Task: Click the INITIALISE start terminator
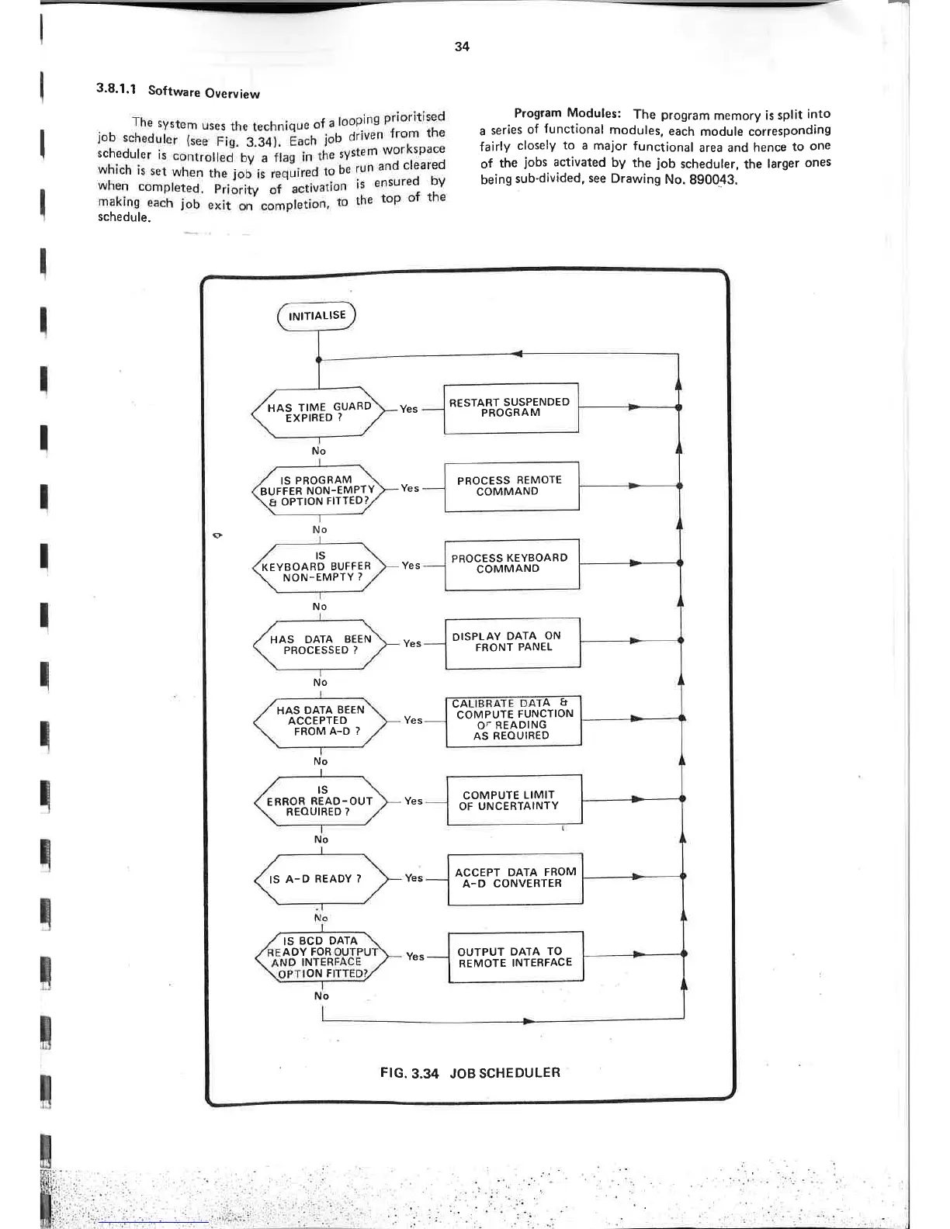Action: [316, 316]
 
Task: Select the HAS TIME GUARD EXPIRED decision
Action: [318, 412]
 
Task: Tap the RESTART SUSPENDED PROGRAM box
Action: [511, 407]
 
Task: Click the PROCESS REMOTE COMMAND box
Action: [511, 486]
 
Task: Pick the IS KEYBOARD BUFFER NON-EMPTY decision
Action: [319, 566]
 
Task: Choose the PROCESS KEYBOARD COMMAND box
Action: [511, 563]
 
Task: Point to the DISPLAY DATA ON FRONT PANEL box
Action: [512, 642]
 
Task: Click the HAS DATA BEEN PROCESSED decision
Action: [320, 645]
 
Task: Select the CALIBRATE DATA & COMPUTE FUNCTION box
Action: [513, 720]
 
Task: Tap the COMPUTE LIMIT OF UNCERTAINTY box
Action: [514, 800]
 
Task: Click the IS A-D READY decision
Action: [320, 879]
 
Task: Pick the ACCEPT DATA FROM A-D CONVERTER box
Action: [515, 878]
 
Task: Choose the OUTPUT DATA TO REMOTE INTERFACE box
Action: [515, 957]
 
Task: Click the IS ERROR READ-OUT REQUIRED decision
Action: [320, 801]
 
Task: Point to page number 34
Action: [462, 47]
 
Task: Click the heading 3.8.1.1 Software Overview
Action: [178, 91]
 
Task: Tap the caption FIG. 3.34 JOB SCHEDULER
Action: [470, 1073]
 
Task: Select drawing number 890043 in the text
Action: [712, 179]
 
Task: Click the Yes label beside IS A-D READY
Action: [414, 878]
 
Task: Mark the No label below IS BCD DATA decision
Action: [321, 995]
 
